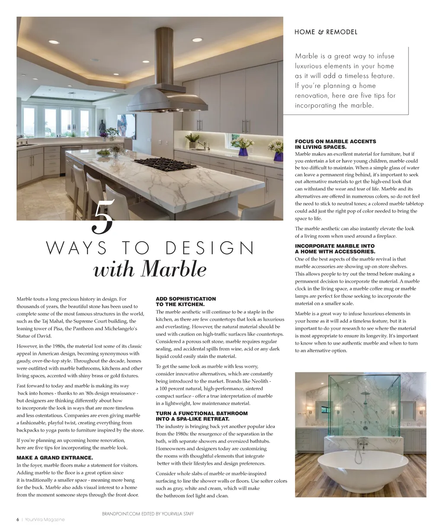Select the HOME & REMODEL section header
click(x=326, y=32)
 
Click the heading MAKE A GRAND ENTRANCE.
click(x=55, y=458)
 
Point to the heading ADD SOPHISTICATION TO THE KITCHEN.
click(x=186, y=302)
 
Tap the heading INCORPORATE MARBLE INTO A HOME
click(x=335, y=249)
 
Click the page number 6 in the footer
click(x=18, y=519)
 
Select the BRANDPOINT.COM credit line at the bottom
click(x=148, y=514)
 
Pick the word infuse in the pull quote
click(x=385, y=56)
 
